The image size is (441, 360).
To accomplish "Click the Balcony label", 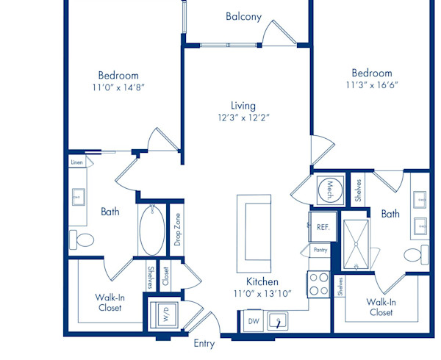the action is coord(243,17).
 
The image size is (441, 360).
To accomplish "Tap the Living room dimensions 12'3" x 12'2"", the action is coord(243,118).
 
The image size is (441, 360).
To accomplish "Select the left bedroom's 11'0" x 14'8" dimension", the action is coord(118,87).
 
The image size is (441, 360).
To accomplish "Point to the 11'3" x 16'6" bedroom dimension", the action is coord(372,85).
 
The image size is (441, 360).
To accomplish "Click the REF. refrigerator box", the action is coord(323,226).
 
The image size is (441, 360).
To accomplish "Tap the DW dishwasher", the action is coord(254,321).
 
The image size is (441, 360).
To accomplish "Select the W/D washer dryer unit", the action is coord(164,314).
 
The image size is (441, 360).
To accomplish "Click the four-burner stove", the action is coord(318,284).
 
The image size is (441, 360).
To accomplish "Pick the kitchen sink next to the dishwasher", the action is coord(277,321).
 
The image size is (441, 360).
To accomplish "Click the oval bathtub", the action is coord(152,230).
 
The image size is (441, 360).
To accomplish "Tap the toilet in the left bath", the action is coord(82,240).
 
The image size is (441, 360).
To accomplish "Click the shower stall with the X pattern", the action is coord(356,244).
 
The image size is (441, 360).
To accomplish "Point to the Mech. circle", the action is coord(330,190).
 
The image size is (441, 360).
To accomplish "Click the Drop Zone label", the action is coord(177,230).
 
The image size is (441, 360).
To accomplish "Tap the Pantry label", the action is coord(320,250).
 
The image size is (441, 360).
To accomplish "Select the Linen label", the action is coord(76,162).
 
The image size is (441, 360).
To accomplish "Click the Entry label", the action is coord(204,344).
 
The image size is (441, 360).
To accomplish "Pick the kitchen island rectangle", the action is coord(254,233).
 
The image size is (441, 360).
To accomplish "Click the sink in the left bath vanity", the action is coord(79,197).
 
